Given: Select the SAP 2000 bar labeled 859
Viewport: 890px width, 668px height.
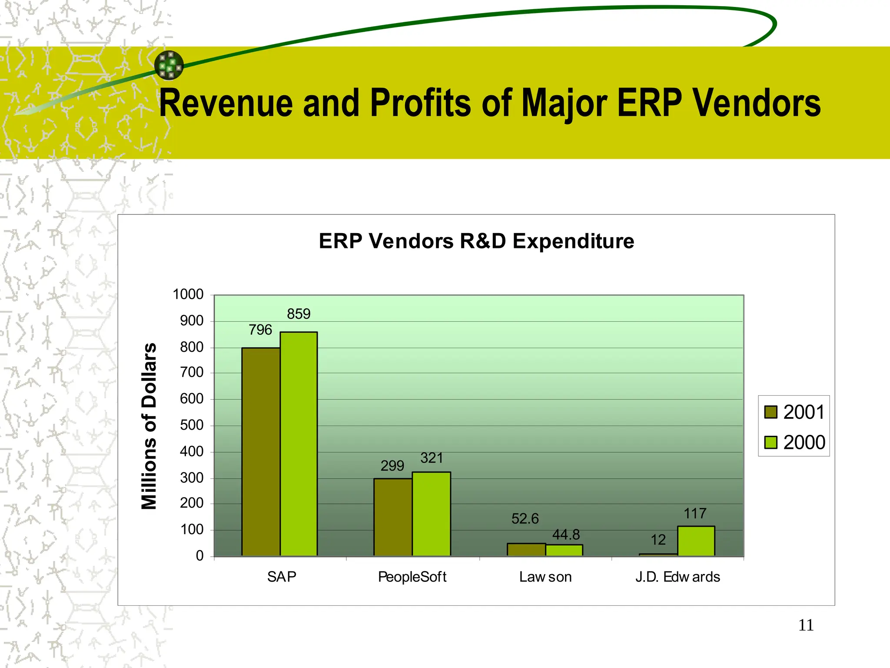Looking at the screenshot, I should click(x=299, y=444).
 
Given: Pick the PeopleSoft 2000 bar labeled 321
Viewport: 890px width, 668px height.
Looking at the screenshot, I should click(x=431, y=514).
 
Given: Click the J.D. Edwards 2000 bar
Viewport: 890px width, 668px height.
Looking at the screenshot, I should click(x=696, y=541).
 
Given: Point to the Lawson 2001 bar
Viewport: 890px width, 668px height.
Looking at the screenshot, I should click(x=526, y=550).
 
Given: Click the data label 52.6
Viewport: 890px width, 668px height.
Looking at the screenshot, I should click(x=525, y=519).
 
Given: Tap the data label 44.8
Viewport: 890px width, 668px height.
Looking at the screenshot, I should click(x=566, y=534).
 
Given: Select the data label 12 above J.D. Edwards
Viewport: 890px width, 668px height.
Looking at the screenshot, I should click(x=658, y=540).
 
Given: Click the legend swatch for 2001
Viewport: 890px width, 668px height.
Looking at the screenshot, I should click(x=770, y=412).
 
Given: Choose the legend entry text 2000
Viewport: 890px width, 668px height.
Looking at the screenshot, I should click(x=804, y=442).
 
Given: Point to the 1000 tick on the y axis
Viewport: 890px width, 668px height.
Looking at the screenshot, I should click(x=188, y=294).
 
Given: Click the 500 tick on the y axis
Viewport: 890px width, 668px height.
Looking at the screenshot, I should click(x=192, y=425).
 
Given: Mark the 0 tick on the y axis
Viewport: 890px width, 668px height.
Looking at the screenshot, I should click(x=199, y=556).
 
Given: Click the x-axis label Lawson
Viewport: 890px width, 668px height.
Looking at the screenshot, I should click(x=545, y=577).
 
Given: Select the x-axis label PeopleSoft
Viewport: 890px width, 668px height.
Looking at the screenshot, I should click(x=412, y=577).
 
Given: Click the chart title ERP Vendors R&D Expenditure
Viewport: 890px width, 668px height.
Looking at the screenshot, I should click(x=476, y=241).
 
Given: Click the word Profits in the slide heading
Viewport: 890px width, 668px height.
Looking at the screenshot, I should click(x=420, y=104).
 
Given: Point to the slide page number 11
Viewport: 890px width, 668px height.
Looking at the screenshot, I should click(x=806, y=625).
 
